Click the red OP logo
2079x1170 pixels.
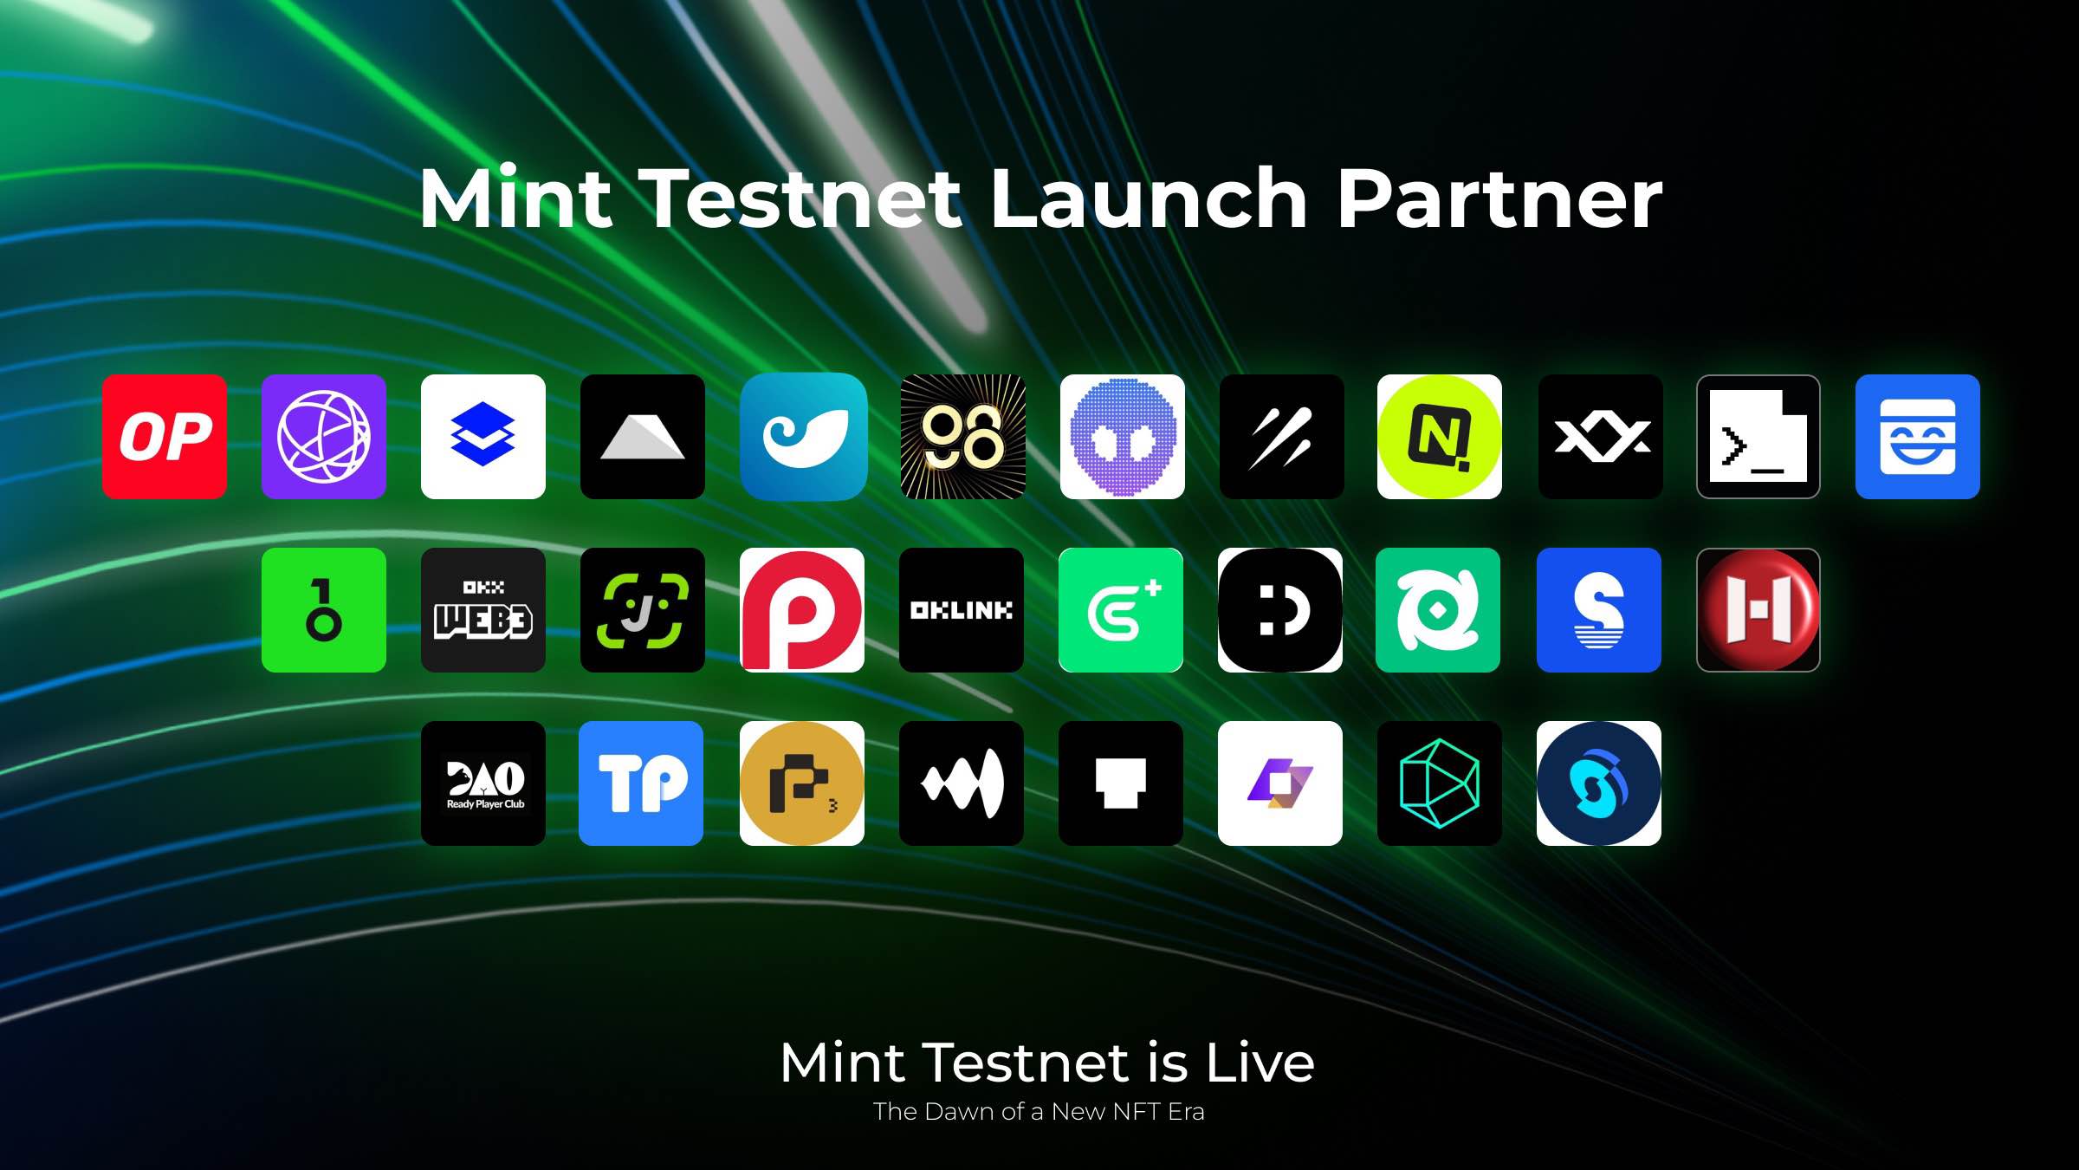[x=165, y=437]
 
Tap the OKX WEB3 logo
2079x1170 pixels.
[x=483, y=610]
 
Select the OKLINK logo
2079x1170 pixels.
[x=962, y=610]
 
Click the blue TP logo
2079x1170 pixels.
[x=641, y=783]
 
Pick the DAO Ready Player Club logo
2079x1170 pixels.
[x=483, y=783]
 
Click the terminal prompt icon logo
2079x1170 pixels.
[x=1758, y=437]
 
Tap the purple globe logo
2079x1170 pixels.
[x=324, y=437]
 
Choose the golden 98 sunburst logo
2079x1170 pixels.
[x=963, y=437]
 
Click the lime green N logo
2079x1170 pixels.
[x=1440, y=437]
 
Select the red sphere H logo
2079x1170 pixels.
[x=1758, y=610]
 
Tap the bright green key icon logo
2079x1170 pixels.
[x=324, y=610]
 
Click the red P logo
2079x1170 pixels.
[x=802, y=610]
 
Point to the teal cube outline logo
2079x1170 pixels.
[x=1440, y=783]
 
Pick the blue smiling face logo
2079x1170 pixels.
[x=1918, y=437]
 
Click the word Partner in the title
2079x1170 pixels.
[x=1499, y=199]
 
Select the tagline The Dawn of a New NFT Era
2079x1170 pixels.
[x=1039, y=1112]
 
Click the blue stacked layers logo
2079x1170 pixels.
[x=483, y=437]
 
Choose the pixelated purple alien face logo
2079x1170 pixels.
[x=1123, y=437]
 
